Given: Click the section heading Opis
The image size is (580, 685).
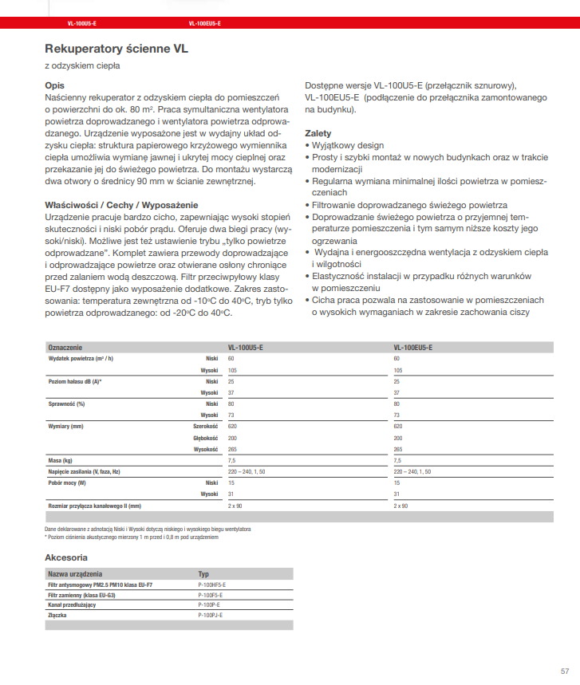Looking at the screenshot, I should point(54,85).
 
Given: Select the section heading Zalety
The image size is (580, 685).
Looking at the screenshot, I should point(318,133).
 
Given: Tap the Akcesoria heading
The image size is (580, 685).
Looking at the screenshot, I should point(66,557).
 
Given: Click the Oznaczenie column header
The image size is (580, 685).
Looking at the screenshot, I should point(65,348).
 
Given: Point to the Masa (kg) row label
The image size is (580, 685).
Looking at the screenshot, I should point(61,460).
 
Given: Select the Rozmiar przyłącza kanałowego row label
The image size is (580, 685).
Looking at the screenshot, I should point(94,506).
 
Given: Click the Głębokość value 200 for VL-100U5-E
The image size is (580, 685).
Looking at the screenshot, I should point(233,438).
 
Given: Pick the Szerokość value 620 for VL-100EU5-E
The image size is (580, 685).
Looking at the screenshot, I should point(399,427).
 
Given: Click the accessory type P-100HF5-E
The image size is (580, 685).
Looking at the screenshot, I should point(211,585).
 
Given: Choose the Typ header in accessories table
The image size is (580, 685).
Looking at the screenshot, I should point(203,574).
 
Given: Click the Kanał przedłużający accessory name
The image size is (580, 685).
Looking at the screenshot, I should point(72,605).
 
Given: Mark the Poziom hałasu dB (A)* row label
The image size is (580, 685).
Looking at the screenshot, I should point(76,382).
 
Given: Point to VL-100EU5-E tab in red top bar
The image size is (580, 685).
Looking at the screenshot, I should point(205,24).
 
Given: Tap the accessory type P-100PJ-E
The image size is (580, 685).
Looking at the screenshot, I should point(211,616).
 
